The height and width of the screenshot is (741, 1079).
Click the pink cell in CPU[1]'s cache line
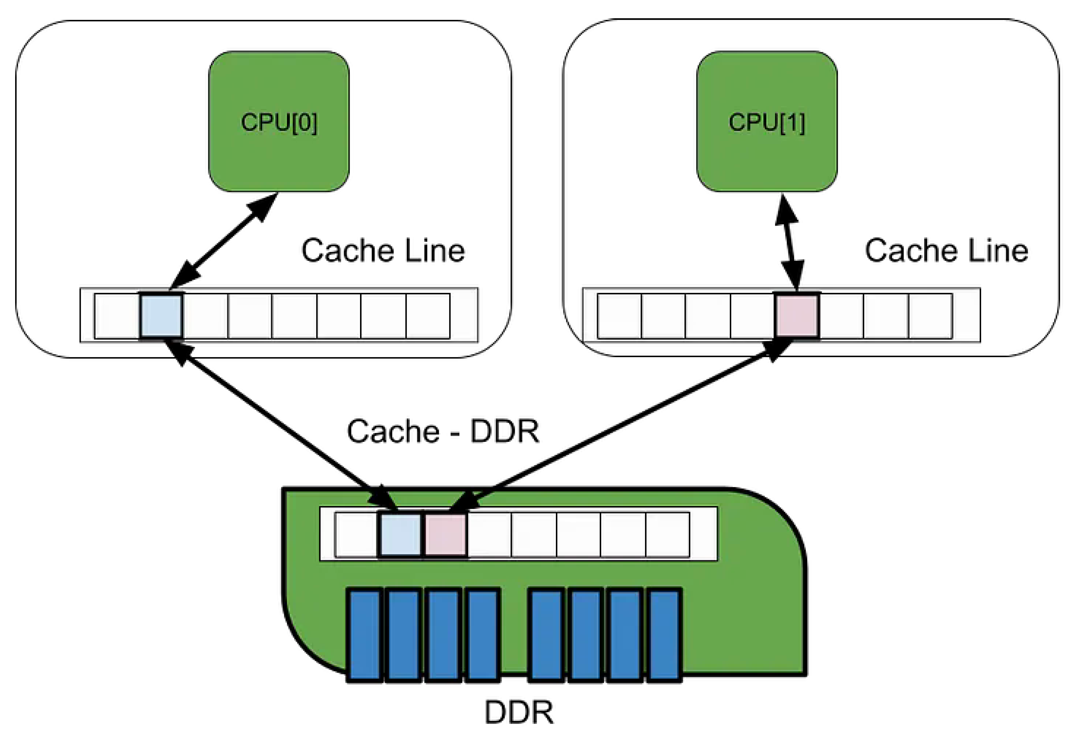click(x=797, y=316)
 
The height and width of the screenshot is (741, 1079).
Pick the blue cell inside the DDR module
click(x=401, y=535)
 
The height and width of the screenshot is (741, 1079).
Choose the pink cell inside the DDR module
click(x=445, y=535)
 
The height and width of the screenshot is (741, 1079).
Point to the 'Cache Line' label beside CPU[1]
click(x=946, y=251)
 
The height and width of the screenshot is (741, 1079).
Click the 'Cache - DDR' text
click(x=443, y=431)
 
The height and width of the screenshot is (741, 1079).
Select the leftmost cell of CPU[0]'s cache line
click(x=117, y=316)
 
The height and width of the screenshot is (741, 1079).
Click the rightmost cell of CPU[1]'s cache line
click(x=930, y=316)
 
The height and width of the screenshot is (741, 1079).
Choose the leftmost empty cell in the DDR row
click(x=356, y=535)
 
